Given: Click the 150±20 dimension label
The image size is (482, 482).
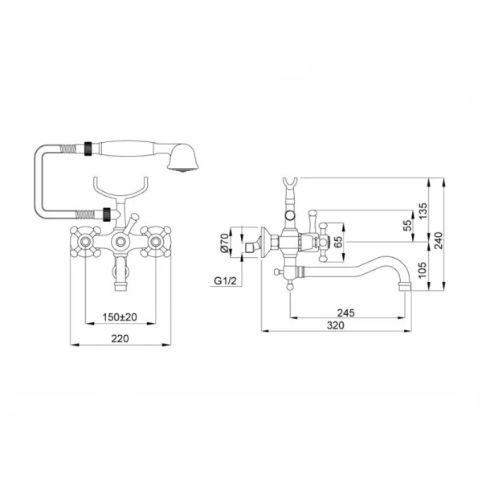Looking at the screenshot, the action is point(120,317).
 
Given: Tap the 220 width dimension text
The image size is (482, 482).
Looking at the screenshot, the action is point(120,338).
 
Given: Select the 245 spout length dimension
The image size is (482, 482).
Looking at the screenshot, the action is point(345,313).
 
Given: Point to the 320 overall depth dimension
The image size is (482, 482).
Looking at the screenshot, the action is point(335,325).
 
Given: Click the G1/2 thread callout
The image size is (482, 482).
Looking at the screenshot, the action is point(225,280).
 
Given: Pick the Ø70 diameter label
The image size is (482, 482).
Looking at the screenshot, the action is point(225,243).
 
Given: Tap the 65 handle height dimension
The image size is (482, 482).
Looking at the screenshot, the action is point(337,242).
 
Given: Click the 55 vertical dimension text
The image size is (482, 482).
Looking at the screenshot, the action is point(407,226).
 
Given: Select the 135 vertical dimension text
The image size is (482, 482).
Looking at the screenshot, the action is point(423,210).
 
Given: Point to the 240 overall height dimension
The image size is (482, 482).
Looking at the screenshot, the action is point(439,240).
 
